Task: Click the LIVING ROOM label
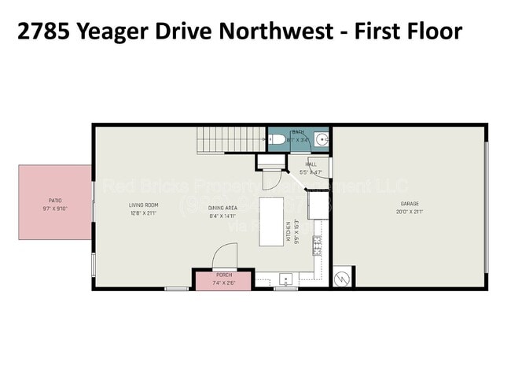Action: click(144, 205)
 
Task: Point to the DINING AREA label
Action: click(222, 206)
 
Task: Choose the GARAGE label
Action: click(410, 205)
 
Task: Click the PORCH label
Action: click(223, 275)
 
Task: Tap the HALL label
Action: click(311, 164)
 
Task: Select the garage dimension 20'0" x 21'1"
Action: click(410, 212)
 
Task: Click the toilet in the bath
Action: click(276, 140)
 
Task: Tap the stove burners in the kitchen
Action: click(318, 246)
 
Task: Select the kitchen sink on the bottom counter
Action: click(285, 279)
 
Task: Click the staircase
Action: click(228, 140)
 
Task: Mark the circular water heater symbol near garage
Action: click(343, 278)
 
